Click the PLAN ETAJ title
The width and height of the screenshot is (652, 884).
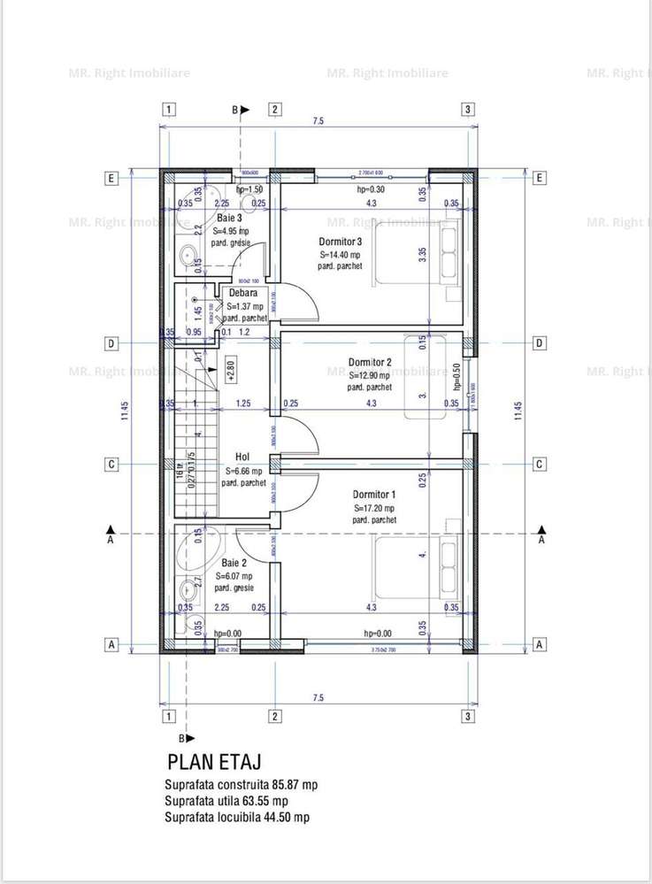click(x=214, y=762)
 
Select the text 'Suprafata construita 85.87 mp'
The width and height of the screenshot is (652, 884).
click(x=241, y=785)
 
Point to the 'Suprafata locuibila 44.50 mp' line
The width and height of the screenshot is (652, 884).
click(x=236, y=818)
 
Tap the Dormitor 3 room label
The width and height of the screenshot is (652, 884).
click(x=341, y=242)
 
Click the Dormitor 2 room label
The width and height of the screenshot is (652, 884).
click(x=370, y=362)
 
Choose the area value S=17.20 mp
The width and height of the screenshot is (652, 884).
click(x=374, y=508)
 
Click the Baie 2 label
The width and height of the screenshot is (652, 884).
click(x=234, y=563)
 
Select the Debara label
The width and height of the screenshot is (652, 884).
click(x=242, y=293)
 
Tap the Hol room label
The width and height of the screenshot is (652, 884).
click(x=242, y=458)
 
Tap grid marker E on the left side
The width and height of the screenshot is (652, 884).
click(x=111, y=178)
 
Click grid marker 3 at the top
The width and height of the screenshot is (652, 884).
click(x=468, y=110)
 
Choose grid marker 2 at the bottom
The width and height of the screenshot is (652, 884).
click(x=275, y=715)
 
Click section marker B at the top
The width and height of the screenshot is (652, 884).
click(x=236, y=110)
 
